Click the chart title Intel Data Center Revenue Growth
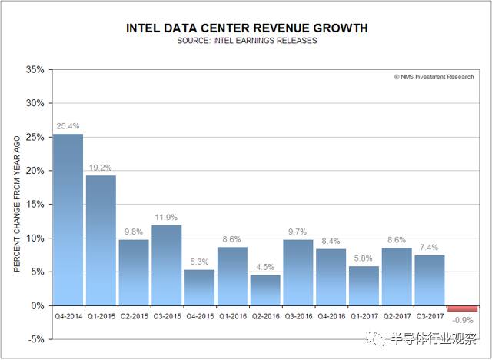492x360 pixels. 246,28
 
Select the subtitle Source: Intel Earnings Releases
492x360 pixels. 246,41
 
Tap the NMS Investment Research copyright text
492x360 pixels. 434,77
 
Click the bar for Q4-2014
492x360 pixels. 68,219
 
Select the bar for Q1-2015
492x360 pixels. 101,240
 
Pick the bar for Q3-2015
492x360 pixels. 166,265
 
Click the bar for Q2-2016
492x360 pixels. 264,290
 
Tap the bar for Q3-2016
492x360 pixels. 298,272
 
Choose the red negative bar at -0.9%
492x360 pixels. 462,308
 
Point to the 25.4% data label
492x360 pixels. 68,126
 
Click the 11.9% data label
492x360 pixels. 166,217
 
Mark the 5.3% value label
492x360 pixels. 199,262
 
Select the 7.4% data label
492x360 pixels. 429,247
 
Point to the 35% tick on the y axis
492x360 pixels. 35,69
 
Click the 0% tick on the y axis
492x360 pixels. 38,305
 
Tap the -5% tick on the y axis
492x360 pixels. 36,339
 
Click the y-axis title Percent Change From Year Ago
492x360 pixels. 16,204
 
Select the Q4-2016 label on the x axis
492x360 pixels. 331,315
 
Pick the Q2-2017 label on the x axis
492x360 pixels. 396,315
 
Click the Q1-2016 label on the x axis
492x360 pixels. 232,315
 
